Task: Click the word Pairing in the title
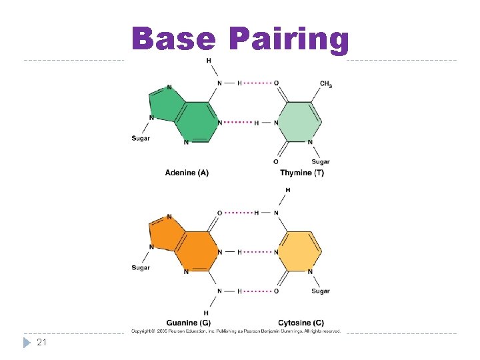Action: click(288, 40)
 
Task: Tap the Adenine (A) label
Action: click(187, 173)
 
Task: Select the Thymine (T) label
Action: click(302, 173)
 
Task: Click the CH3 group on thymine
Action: click(326, 84)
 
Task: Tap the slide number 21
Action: click(41, 342)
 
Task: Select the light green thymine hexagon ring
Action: click(299, 121)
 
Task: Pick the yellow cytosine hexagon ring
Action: click(299, 251)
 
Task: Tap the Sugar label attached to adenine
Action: click(141, 139)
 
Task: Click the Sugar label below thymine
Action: click(321, 162)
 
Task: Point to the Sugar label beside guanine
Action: click(141, 268)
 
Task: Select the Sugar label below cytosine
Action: click(321, 291)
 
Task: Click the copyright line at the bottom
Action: click(236, 331)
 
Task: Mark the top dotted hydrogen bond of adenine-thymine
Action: click(258, 83)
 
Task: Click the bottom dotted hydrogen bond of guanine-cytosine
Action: click(258, 291)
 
